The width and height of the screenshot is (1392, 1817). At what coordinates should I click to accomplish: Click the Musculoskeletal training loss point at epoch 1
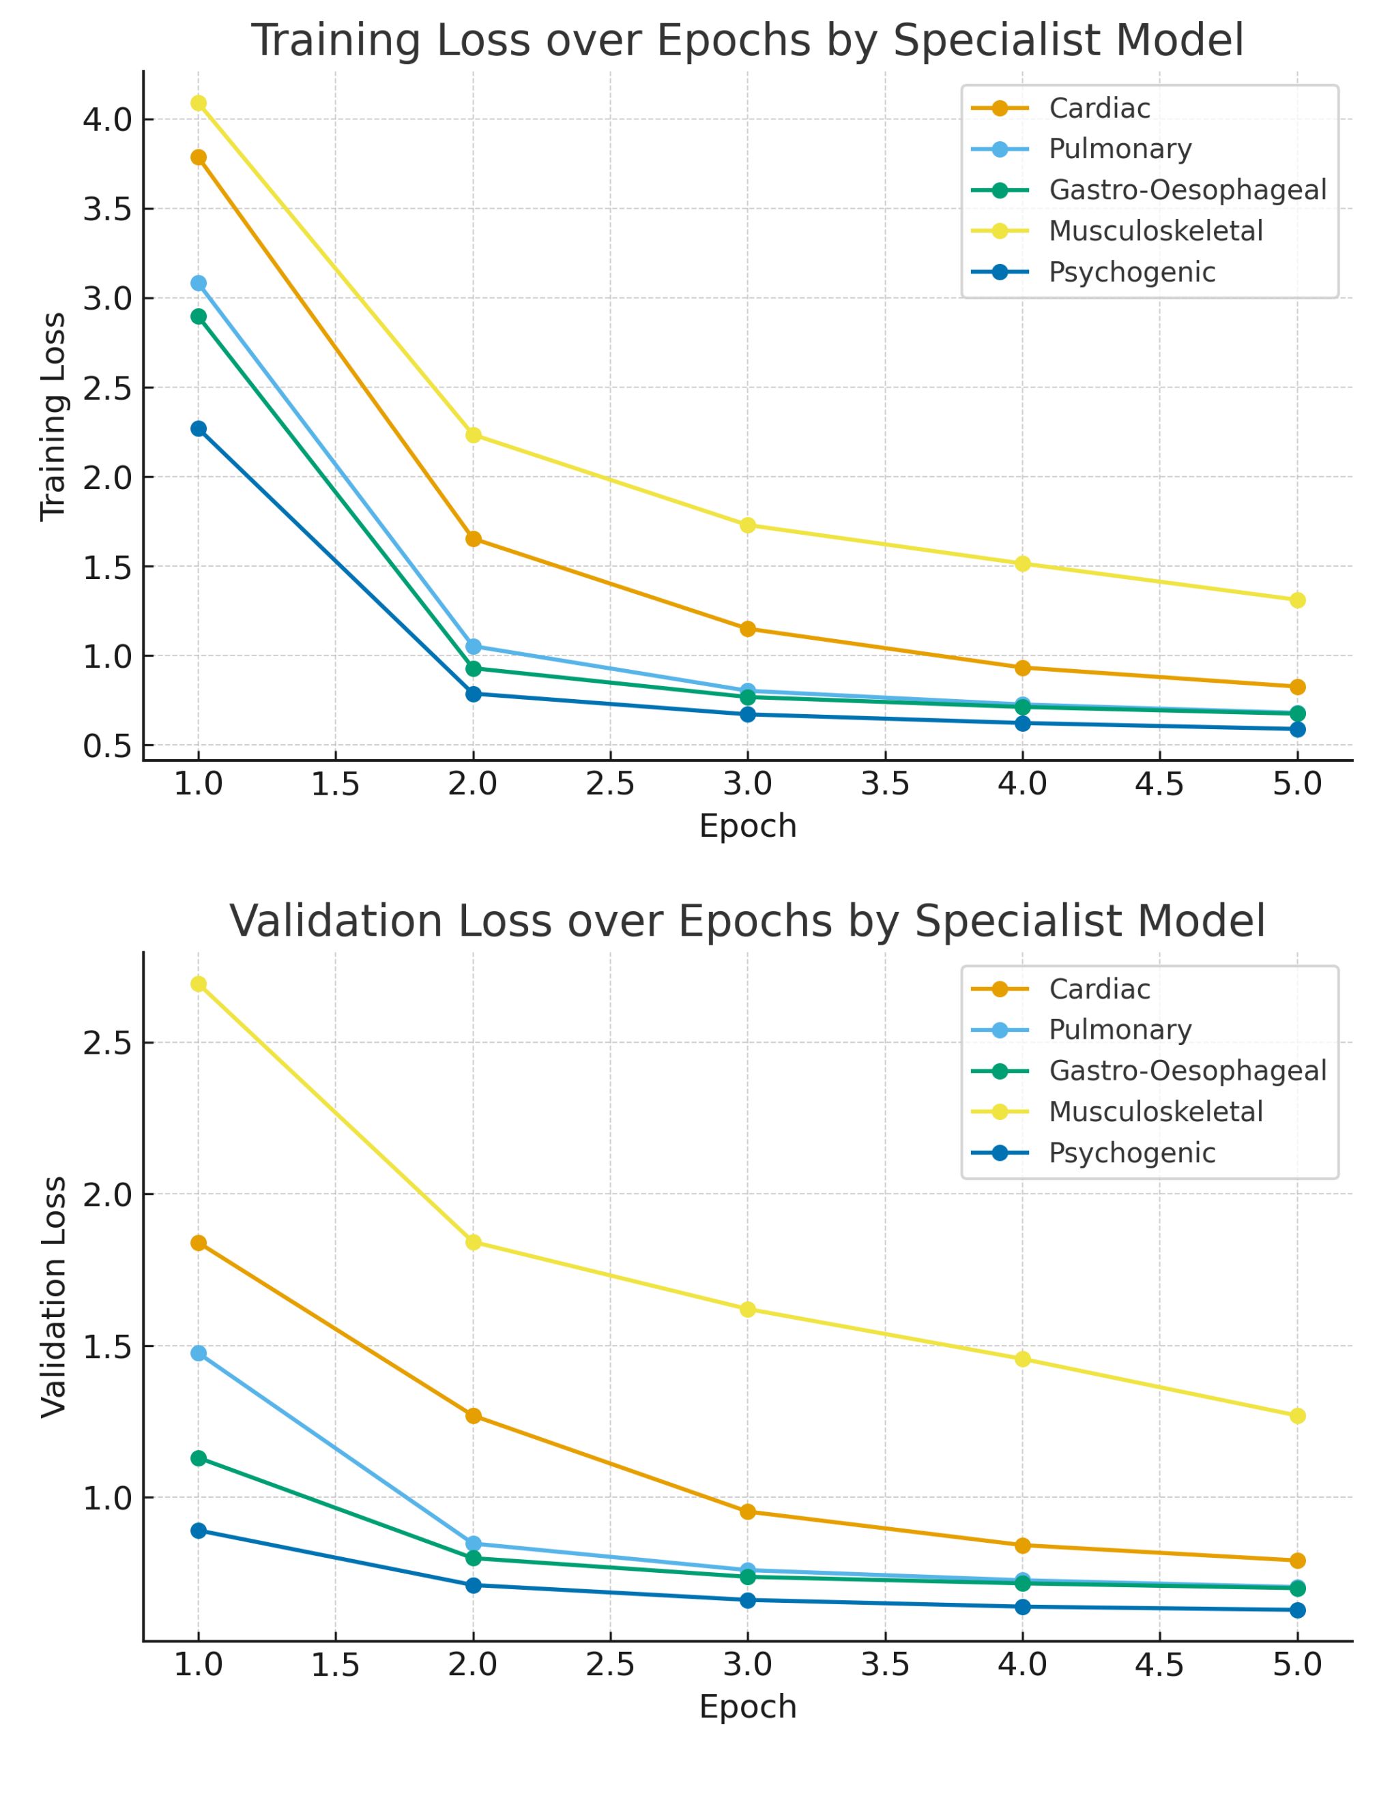(199, 104)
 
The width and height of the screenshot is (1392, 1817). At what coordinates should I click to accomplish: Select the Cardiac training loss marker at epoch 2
(473, 539)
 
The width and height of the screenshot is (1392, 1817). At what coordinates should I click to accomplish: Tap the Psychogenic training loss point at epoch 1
(199, 429)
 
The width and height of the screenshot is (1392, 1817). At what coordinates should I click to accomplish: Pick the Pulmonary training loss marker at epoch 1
(199, 283)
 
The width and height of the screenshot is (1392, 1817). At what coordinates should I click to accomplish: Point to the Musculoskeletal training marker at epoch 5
(1298, 600)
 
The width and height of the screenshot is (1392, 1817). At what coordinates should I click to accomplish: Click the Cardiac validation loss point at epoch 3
(747, 1511)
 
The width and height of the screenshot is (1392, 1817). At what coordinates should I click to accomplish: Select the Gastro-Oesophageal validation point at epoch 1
(199, 1458)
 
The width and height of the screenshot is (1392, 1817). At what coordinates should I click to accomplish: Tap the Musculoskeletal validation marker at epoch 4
(1022, 1359)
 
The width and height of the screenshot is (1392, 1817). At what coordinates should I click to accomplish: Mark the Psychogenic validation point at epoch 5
(1298, 1610)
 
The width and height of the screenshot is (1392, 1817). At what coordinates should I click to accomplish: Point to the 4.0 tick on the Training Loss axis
(107, 119)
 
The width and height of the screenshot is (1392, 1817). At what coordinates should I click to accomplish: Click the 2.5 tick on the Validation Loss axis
(107, 1043)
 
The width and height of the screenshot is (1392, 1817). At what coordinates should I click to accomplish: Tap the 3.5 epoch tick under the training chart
(885, 784)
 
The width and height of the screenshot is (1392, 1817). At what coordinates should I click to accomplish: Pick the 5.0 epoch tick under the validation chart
(1298, 1665)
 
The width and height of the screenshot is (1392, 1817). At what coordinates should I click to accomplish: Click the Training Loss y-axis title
(54, 417)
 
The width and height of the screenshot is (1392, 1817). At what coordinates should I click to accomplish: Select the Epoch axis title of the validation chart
(747, 1707)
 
